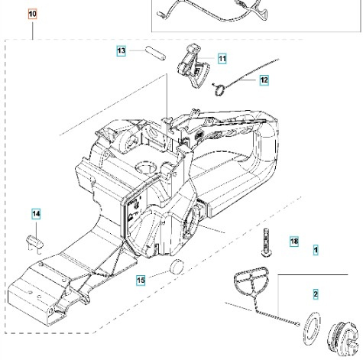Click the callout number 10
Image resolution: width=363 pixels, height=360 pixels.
[32, 14]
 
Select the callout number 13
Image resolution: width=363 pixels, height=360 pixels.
[122, 50]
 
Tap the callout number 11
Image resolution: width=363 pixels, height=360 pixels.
[222, 58]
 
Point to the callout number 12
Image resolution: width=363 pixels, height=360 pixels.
[263, 79]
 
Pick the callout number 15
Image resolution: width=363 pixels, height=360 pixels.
[141, 281]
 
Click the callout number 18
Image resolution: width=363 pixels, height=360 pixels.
[294, 242]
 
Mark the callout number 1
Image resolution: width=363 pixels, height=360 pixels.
[316, 249]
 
